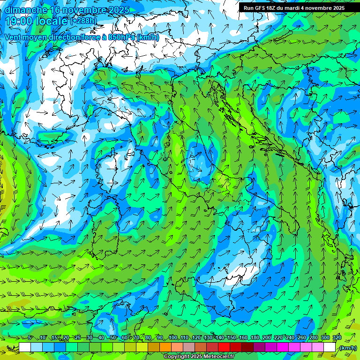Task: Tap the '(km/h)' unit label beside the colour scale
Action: (x=347, y=347)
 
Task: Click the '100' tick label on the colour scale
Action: (x=173, y=337)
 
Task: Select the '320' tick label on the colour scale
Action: (x=337, y=337)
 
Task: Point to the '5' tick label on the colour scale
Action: (x=30, y=337)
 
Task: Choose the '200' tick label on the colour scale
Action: (x=267, y=337)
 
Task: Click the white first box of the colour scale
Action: (x=25, y=347)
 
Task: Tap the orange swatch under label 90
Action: (x=165, y=347)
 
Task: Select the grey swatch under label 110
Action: (x=189, y=347)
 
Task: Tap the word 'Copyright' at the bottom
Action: (x=177, y=357)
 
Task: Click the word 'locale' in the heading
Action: (x=52, y=21)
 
